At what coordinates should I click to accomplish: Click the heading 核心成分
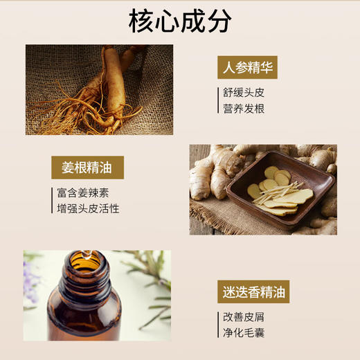click(180, 21)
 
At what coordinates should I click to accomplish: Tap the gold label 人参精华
click(247, 68)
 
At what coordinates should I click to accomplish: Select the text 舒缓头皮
click(244, 92)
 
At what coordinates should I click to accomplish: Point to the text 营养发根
click(244, 109)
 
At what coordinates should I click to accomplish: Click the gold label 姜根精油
click(87, 168)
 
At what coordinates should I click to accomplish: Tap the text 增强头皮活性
click(88, 208)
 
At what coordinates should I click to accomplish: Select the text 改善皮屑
click(244, 317)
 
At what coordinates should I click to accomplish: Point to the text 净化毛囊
click(244, 334)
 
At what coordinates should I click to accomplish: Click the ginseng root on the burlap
click(104, 87)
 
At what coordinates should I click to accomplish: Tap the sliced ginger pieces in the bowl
click(277, 190)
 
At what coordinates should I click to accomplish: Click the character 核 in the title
click(142, 21)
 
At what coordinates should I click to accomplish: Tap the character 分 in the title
click(218, 21)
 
